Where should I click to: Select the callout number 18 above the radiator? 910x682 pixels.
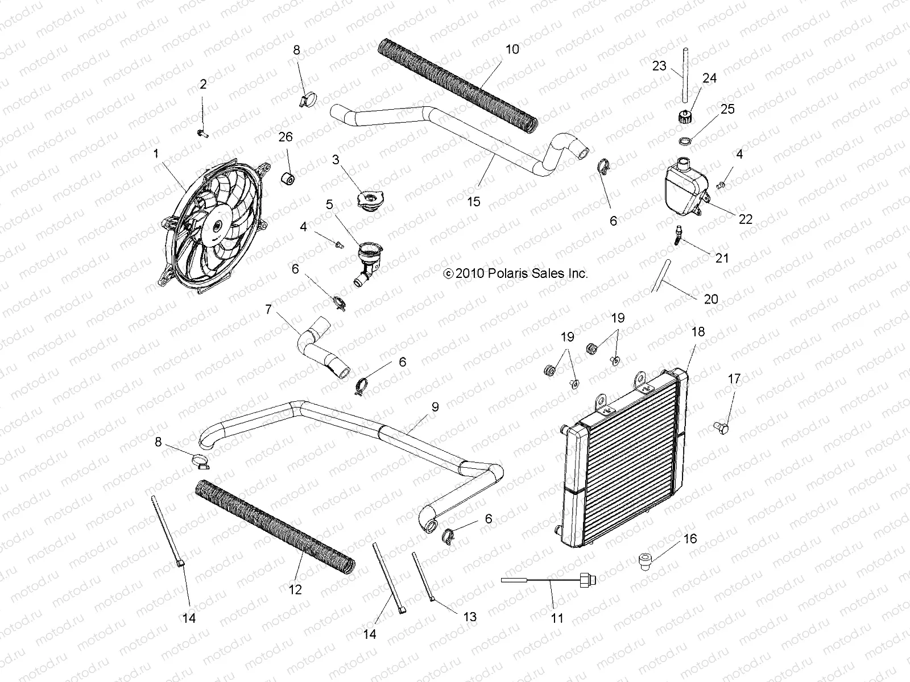(x=697, y=332)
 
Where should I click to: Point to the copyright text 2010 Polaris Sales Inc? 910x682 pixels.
(x=515, y=273)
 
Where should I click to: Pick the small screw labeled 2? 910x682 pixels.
(x=203, y=134)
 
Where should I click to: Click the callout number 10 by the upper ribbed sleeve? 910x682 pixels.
(x=512, y=49)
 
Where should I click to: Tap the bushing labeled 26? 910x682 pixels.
(x=288, y=177)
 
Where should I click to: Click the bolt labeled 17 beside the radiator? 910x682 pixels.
(x=737, y=426)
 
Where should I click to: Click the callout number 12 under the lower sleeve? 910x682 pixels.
(x=295, y=590)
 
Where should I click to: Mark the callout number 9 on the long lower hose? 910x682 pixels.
(x=435, y=407)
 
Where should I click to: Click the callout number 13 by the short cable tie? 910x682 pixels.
(x=470, y=617)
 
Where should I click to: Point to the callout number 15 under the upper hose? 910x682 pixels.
(x=473, y=201)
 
